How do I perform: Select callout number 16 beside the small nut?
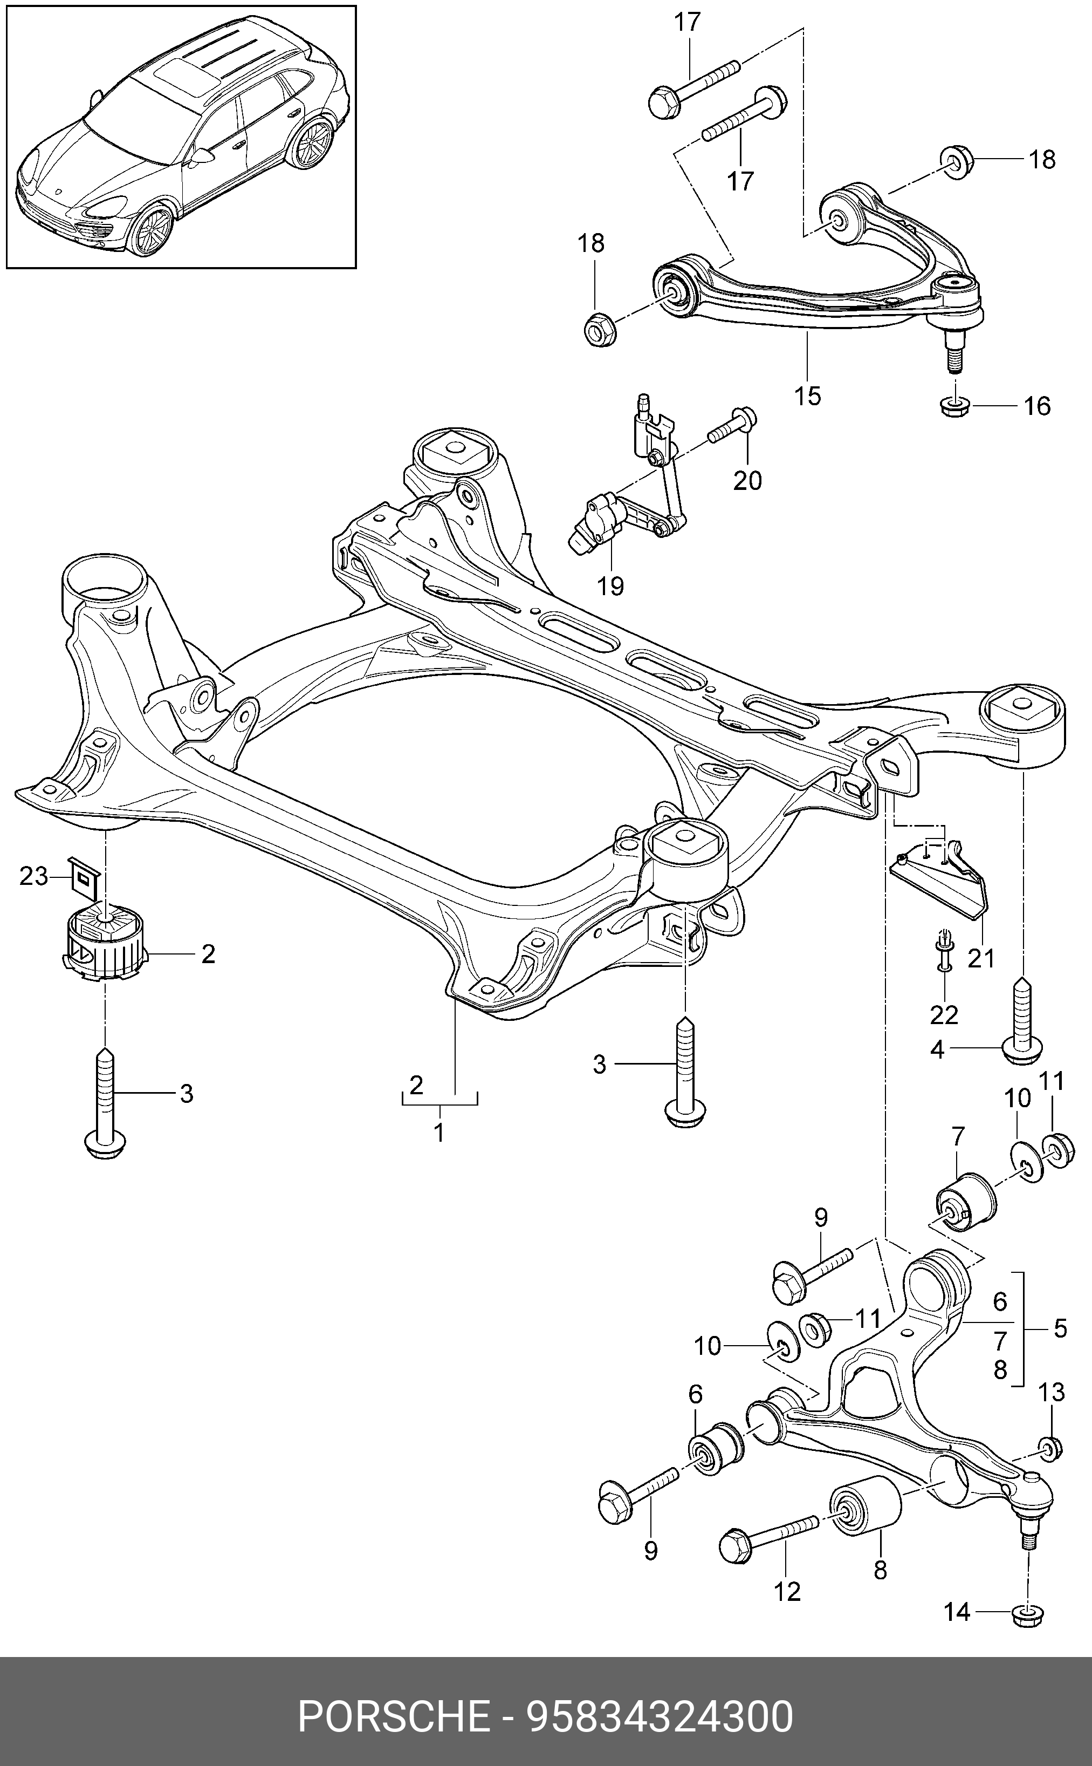1037,406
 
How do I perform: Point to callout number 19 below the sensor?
610,585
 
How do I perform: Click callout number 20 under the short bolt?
747,481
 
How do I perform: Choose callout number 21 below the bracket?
981,958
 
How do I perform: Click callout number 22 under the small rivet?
944,1014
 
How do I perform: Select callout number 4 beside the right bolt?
937,1049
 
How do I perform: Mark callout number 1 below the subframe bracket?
438,1133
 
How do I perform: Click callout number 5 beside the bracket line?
1060,1328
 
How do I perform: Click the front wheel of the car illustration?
153,229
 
